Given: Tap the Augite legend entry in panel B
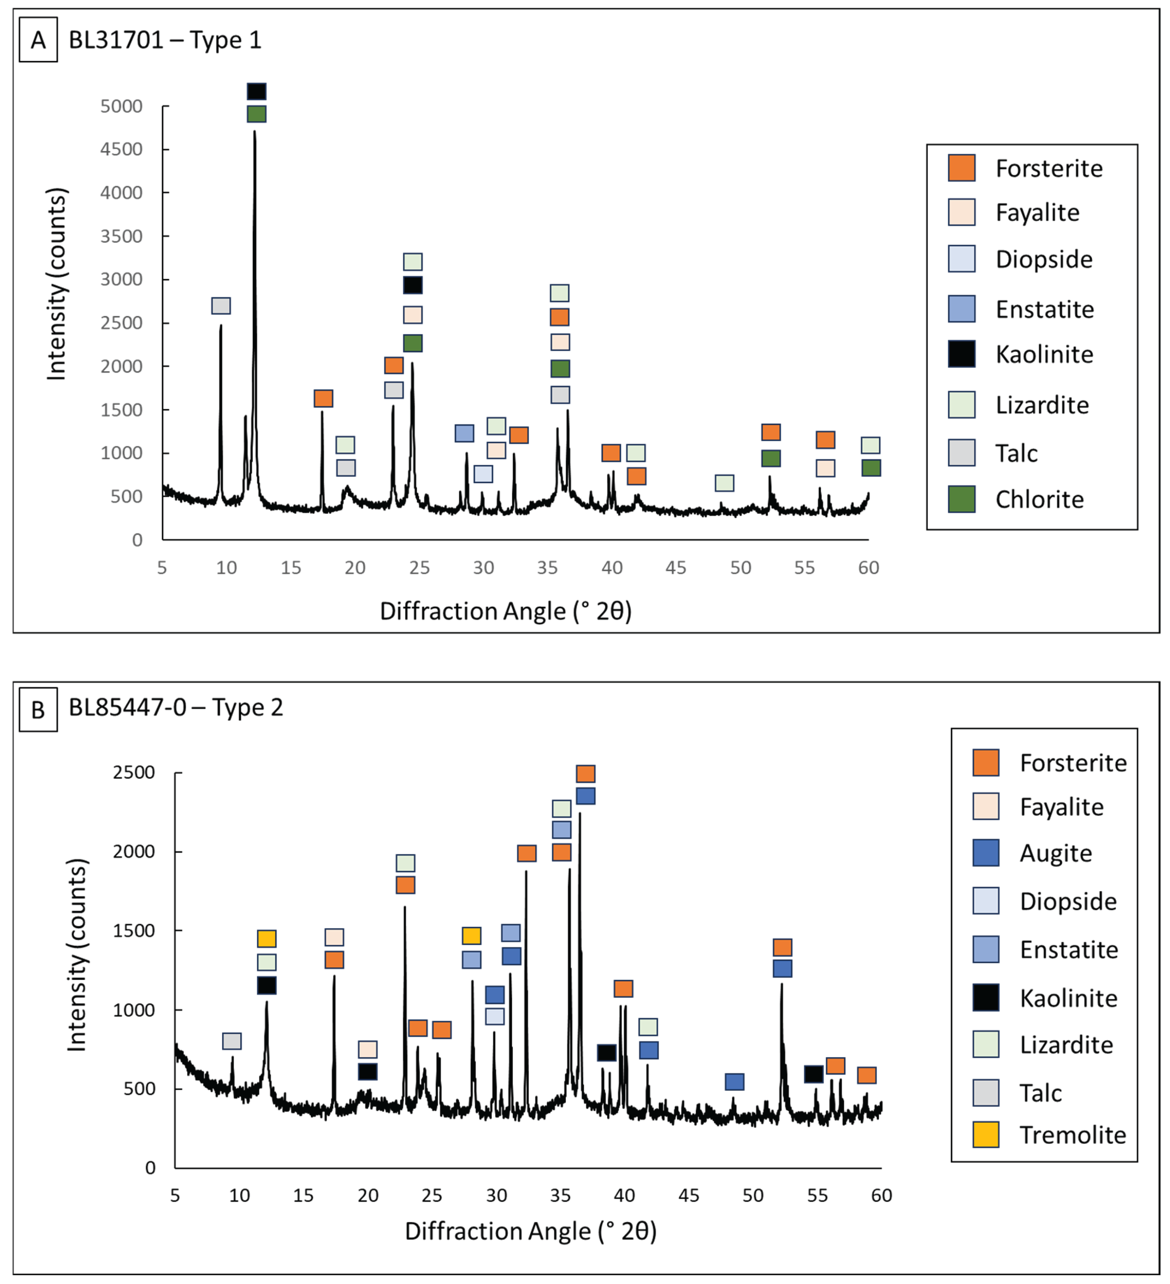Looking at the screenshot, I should pos(1055,853).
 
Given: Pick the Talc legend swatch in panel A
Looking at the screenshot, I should pos(961,453).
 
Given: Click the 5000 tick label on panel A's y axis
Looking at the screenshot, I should pos(121,106).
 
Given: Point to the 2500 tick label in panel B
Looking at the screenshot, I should pos(134,773).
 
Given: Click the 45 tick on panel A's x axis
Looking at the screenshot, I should pos(676,567).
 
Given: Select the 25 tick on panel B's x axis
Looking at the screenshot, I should pos(432,1196).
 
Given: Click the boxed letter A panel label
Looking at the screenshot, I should pos(38,40).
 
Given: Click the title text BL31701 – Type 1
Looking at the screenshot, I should pos(165,40).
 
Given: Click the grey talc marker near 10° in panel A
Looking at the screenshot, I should pos(221,306).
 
